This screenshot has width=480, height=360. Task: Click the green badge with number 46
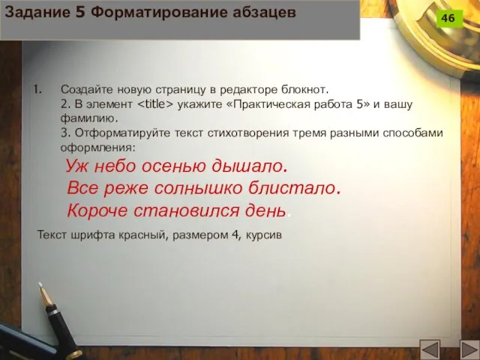[x=448, y=18]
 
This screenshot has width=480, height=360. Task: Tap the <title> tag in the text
[x=156, y=103]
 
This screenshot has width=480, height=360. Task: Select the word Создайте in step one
[x=85, y=88]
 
